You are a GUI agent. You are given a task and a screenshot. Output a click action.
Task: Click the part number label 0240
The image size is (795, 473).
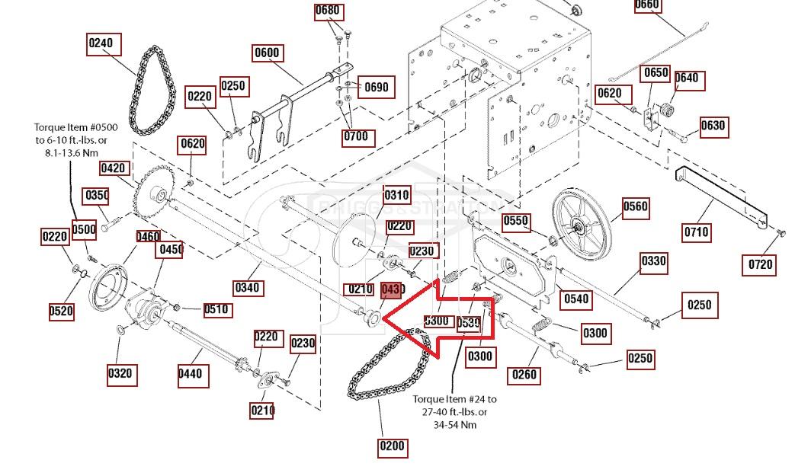click(x=101, y=43)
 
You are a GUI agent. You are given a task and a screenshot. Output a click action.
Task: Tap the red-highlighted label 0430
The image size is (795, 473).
click(x=391, y=289)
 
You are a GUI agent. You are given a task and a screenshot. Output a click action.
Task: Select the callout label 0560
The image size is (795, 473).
click(x=635, y=206)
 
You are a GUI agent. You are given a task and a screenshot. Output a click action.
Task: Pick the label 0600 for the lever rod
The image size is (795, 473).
click(x=268, y=53)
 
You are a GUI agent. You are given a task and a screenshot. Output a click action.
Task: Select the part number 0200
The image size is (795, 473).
click(x=392, y=446)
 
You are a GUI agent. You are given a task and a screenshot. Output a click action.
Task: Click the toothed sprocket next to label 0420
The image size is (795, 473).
click(x=155, y=197)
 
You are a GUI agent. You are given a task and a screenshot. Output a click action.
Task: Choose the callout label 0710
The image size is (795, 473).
click(x=696, y=232)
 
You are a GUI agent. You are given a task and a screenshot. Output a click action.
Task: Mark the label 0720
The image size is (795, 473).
click(x=760, y=264)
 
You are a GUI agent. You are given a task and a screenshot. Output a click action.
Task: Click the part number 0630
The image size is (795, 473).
click(x=713, y=126)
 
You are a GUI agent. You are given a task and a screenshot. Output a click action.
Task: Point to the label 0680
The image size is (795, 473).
click(x=328, y=11)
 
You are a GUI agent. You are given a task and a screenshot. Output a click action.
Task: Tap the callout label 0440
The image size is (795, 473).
click(x=193, y=373)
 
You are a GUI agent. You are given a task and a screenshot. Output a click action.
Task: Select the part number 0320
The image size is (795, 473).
click(x=121, y=373)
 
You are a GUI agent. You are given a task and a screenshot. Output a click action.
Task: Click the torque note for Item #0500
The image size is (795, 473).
click(x=71, y=140)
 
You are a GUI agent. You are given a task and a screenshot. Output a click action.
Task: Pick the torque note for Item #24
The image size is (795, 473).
click(x=454, y=411)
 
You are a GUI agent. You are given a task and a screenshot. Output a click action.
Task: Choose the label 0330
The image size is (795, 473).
click(x=652, y=261)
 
